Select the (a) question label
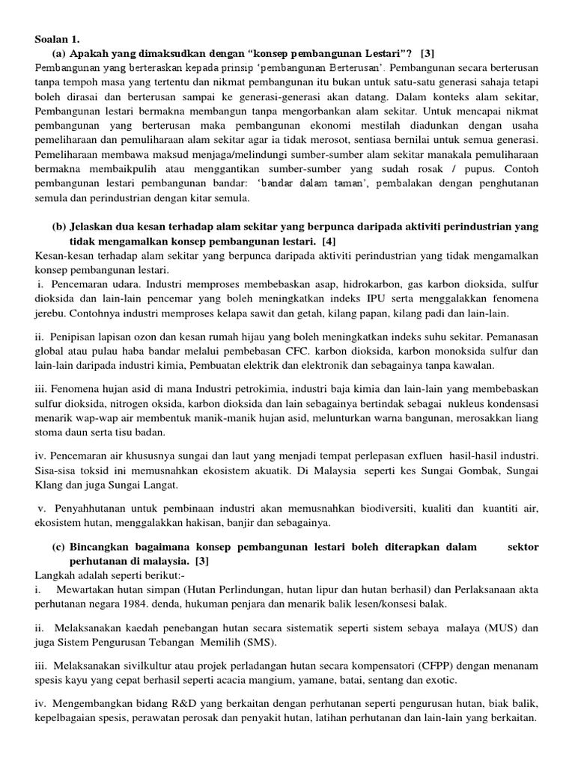[59, 54]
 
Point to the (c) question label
[59, 547]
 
